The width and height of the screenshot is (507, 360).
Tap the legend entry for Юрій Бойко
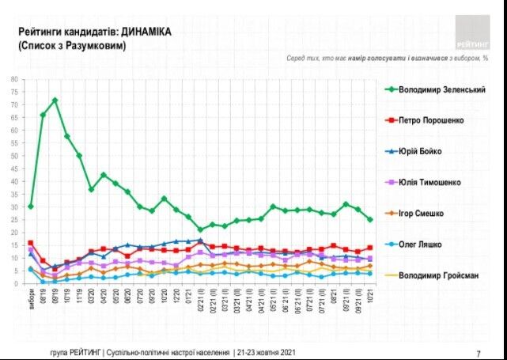(419, 151)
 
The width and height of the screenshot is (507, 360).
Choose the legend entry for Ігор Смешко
(421, 213)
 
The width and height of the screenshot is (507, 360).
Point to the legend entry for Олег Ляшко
(419, 244)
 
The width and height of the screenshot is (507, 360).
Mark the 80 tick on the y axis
(14, 79)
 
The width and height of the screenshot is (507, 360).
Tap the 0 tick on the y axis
(16, 283)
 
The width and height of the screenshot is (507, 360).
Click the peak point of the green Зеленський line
(55, 100)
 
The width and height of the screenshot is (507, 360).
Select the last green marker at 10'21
(369, 220)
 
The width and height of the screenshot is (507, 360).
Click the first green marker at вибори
(30, 207)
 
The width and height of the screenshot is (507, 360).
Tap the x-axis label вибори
(30, 297)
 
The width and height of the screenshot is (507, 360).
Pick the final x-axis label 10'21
(369, 296)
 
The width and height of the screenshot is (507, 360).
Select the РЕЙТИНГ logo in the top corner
(472, 32)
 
